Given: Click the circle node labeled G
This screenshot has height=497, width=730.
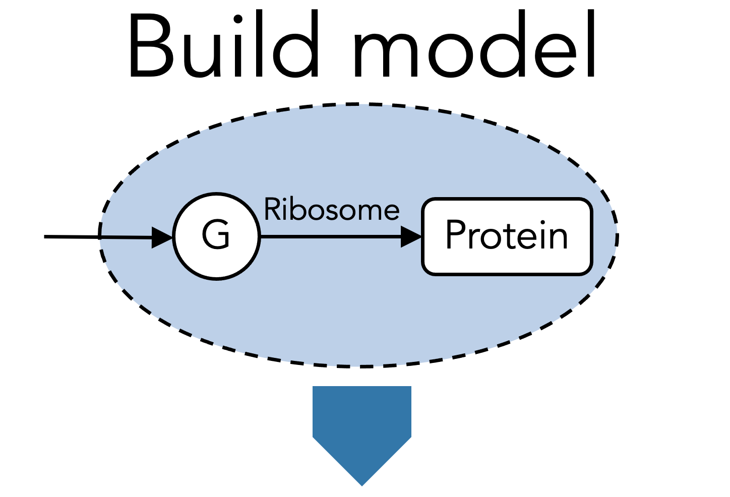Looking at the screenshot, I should (217, 235).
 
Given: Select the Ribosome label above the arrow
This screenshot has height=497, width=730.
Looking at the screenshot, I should (332, 209).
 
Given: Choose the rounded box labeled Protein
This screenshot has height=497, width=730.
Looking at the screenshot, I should (507, 236).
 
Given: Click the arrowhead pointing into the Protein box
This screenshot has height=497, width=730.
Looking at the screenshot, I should (411, 236).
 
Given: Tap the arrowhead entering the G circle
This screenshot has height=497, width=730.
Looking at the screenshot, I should (162, 237).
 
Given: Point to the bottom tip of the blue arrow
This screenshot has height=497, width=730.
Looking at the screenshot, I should (362, 484).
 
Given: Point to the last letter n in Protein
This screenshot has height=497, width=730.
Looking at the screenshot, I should (558, 239).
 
